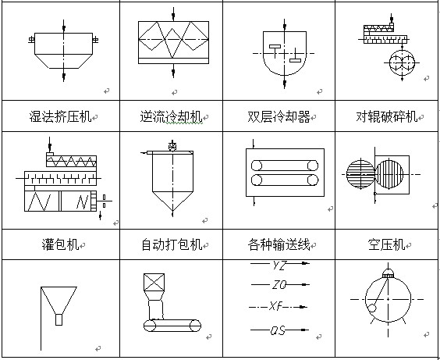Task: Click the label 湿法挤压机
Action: point(60,116)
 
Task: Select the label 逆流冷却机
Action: point(171,116)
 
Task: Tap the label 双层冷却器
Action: point(279,116)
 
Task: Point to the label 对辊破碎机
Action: point(387,116)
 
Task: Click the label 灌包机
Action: point(60,244)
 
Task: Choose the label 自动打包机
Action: point(172,244)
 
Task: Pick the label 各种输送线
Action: point(279,244)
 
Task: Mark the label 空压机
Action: point(387,244)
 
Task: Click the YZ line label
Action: point(279,265)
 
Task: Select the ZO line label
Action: point(279,285)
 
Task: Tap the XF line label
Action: point(275,306)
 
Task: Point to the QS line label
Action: point(278,330)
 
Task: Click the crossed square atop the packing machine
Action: point(154,282)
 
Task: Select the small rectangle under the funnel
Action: point(59,319)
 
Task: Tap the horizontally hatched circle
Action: point(360,174)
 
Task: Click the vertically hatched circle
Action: point(389,174)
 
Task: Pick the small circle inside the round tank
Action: point(372,308)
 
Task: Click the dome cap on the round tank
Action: point(388,273)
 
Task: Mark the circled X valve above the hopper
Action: point(172,146)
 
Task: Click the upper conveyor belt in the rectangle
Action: point(285,166)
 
